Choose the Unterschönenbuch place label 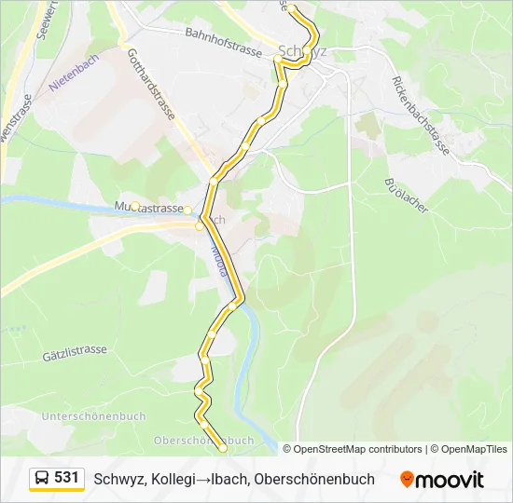93,415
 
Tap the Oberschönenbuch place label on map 203,441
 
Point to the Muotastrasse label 149,207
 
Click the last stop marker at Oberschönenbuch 223,448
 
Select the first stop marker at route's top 292,8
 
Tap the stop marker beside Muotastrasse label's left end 135,206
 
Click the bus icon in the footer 43,478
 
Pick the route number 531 66,478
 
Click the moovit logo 442,480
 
